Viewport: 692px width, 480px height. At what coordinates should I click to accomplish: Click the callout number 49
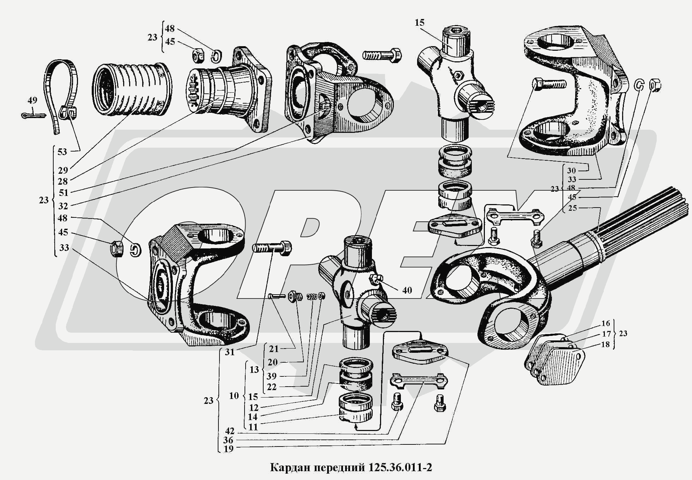click(32, 101)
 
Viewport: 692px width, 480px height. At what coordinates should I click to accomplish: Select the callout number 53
click(62, 152)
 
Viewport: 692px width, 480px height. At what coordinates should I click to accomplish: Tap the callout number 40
click(407, 290)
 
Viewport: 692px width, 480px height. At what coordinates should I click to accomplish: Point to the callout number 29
click(63, 171)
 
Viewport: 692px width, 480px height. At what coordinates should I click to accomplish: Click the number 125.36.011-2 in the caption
click(400, 468)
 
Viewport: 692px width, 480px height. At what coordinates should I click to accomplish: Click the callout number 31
click(230, 352)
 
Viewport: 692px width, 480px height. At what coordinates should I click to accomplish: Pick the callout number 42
click(229, 431)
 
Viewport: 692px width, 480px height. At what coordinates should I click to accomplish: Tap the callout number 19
click(229, 449)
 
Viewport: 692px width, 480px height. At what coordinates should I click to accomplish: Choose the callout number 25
click(572, 208)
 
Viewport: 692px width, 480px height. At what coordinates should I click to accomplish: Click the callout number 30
click(571, 171)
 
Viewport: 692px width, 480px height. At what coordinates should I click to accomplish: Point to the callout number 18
click(606, 344)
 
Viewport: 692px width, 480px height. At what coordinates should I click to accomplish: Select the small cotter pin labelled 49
click(34, 115)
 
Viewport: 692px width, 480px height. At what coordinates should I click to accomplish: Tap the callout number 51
click(64, 193)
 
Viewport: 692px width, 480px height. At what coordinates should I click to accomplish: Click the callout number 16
click(606, 324)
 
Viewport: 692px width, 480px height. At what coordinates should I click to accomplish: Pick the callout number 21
click(274, 349)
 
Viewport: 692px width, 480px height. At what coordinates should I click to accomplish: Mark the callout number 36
click(228, 440)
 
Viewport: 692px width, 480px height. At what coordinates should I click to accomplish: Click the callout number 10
click(234, 396)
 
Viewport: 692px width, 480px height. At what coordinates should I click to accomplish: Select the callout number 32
click(63, 205)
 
